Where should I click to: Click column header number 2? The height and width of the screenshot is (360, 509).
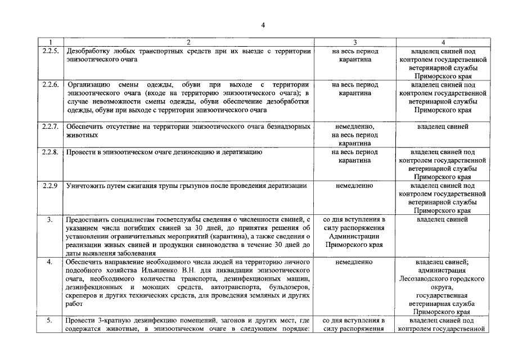(188, 43)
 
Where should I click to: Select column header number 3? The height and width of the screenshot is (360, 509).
(355, 43)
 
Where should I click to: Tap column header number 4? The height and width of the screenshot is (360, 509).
(443, 43)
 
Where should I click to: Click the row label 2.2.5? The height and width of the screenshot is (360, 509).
(51, 51)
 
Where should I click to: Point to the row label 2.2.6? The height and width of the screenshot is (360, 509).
(51, 85)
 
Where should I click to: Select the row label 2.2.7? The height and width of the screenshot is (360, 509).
(51, 127)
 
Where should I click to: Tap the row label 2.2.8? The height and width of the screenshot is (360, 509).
(51, 152)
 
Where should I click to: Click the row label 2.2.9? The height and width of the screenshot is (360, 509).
(51, 186)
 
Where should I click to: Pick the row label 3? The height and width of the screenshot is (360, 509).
(49, 219)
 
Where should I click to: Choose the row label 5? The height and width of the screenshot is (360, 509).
(49, 321)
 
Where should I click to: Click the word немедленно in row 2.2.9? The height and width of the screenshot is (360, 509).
(355, 186)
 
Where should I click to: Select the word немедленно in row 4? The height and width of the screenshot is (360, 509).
(355, 262)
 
